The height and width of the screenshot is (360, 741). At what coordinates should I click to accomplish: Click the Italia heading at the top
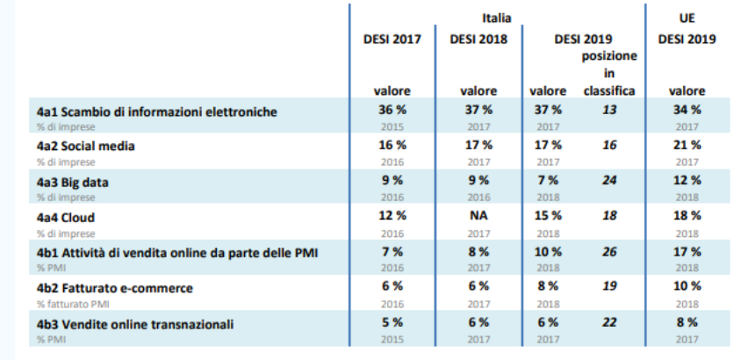coord(496,17)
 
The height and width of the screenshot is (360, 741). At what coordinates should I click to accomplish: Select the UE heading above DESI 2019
coord(687,17)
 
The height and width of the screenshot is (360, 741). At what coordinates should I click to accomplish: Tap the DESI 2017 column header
coord(392,39)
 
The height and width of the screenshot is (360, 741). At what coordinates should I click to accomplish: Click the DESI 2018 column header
coord(478,39)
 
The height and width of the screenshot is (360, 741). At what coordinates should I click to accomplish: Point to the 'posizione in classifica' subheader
coord(608,73)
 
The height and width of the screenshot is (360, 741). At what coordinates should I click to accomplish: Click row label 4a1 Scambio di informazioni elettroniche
coord(157,111)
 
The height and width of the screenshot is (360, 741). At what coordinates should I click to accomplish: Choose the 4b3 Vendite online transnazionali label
coord(135,323)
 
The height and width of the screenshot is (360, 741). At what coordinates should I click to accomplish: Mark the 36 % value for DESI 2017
coord(392,110)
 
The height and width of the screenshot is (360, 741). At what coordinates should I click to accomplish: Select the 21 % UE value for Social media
coord(687,145)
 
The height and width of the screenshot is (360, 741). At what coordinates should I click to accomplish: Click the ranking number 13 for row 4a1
coord(608,110)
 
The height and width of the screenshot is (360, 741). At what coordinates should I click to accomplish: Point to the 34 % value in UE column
coord(687,110)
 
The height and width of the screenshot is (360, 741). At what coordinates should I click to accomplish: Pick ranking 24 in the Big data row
coord(608,179)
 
